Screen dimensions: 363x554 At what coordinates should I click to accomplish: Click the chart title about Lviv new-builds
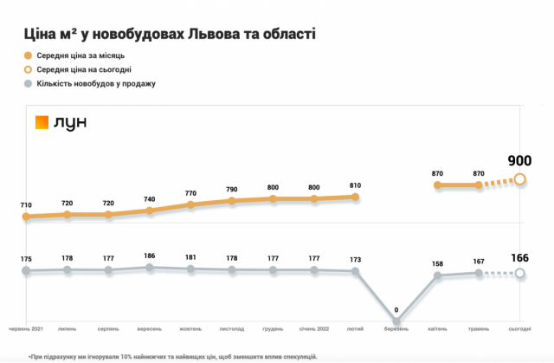pyautogui.click(x=168, y=35)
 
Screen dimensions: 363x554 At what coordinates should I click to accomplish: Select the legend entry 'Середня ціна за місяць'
pyautogui.click(x=81, y=55)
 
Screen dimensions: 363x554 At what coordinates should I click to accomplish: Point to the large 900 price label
pyautogui.click(x=519, y=160)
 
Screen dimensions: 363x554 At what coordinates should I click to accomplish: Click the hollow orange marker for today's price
pyautogui.click(x=519, y=179)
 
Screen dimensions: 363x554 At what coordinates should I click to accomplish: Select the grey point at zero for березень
pyautogui.click(x=396, y=323)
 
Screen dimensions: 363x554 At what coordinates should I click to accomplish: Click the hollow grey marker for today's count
pyautogui.click(x=519, y=274)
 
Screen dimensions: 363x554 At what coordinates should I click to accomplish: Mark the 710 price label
pyautogui.click(x=26, y=205)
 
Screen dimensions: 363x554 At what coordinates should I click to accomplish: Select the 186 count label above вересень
pyautogui.click(x=150, y=256)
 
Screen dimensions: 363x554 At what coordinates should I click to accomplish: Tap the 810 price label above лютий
pyautogui.click(x=355, y=185)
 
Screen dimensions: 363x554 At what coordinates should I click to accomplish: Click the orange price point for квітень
pyautogui.click(x=437, y=185)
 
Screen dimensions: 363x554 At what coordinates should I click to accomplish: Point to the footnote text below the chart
pyautogui.click(x=172, y=355)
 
